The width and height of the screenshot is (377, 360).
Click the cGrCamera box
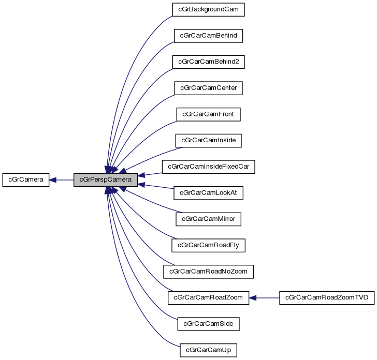pyautogui.click(x=26, y=180)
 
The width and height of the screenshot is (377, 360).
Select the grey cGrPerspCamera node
pyautogui.click(x=106, y=180)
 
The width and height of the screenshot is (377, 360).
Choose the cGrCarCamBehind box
pyautogui.click(x=208, y=36)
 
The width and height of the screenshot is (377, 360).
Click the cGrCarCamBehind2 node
pyautogui.click(x=208, y=62)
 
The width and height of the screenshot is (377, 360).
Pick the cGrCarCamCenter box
pyautogui.click(x=208, y=88)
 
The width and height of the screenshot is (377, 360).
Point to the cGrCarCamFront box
pyautogui.click(x=208, y=114)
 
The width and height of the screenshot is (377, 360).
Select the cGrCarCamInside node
pyautogui.click(x=208, y=140)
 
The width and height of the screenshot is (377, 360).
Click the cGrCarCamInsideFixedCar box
pyautogui.click(x=208, y=167)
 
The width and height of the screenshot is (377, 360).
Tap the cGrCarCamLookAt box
pyautogui.click(x=208, y=193)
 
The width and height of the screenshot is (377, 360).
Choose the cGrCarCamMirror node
pyautogui.click(x=208, y=219)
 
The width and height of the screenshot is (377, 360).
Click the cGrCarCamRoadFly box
pyautogui.click(x=208, y=245)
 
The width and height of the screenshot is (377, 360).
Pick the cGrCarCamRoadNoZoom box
pyautogui.click(x=208, y=271)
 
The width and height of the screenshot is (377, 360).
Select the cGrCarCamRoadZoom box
pyautogui.click(x=208, y=297)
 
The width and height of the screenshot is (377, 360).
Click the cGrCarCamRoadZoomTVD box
pyautogui.click(x=326, y=297)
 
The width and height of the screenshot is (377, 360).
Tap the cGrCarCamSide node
pyautogui.click(x=208, y=324)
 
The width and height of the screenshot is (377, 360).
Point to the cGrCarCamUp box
pyautogui.click(x=208, y=350)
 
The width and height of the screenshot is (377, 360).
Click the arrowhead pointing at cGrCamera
pyautogui.click(x=53, y=180)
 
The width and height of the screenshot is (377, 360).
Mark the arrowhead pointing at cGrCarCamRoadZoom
pyautogui.click(x=254, y=297)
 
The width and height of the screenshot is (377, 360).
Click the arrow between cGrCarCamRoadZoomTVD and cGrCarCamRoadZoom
pyautogui.click(x=265, y=297)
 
